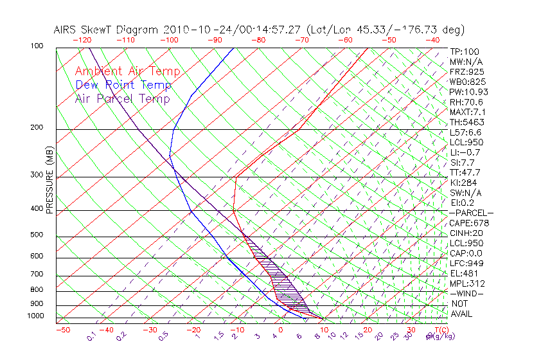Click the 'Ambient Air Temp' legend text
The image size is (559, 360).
127,71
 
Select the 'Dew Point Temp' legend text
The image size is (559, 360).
123,85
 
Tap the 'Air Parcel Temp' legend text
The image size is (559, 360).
122,98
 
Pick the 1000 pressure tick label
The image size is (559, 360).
36,316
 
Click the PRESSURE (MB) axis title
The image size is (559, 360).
49,184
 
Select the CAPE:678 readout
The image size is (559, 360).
469,223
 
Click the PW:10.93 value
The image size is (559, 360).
469,92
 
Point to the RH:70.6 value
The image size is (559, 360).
466,102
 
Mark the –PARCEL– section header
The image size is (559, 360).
471,213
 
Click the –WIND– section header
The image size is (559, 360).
467,293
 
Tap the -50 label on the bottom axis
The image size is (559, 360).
62,330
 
